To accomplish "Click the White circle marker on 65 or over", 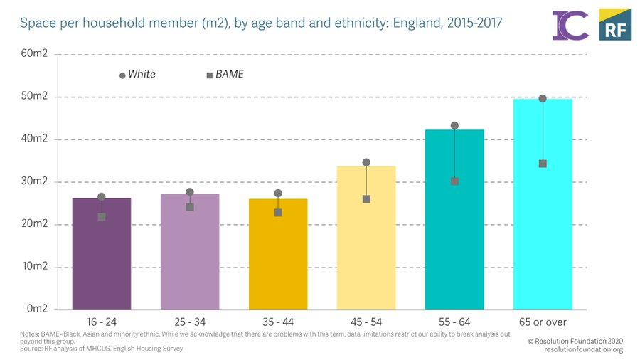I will click(543, 99).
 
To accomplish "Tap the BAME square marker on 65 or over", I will click(543, 164).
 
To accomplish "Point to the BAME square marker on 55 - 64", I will click(454, 181).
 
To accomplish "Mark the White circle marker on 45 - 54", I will click(366, 162).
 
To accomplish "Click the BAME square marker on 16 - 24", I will click(102, 216).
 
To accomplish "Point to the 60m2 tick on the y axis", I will click(34, 54).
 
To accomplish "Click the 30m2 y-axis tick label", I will click(34, 181).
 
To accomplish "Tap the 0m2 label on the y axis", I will click(37, 309).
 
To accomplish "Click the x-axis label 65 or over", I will click(543, 322).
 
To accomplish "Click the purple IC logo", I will click(570, 25).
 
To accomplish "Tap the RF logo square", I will click(614, 25).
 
